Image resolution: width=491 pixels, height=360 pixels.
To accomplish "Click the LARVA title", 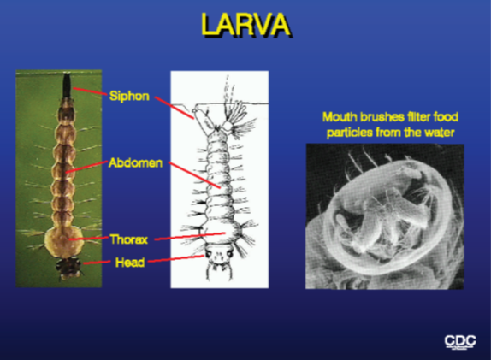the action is pos(245,25).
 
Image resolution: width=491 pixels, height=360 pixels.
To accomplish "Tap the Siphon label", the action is pos(129,96).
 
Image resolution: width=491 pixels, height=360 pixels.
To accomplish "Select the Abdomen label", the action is pos(135,162).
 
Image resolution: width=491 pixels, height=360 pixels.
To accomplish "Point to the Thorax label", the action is pos(128,239).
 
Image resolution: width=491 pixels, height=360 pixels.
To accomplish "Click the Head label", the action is pos(130,263).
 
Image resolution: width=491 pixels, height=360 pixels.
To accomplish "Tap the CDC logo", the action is pos(460,341).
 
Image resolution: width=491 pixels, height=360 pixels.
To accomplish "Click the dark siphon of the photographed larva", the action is pos(67,85).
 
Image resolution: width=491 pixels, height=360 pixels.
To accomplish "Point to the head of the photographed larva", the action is pos(68,268).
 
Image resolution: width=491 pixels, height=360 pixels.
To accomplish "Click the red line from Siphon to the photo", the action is pos(89,91).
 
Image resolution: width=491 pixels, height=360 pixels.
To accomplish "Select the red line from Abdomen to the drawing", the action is pos(194,175).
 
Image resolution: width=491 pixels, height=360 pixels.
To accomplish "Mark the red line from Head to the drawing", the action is pos(176,258).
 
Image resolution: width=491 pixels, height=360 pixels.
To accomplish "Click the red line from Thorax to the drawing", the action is pos(190,236).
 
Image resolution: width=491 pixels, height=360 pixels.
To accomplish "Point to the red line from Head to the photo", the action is pos(97,262).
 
